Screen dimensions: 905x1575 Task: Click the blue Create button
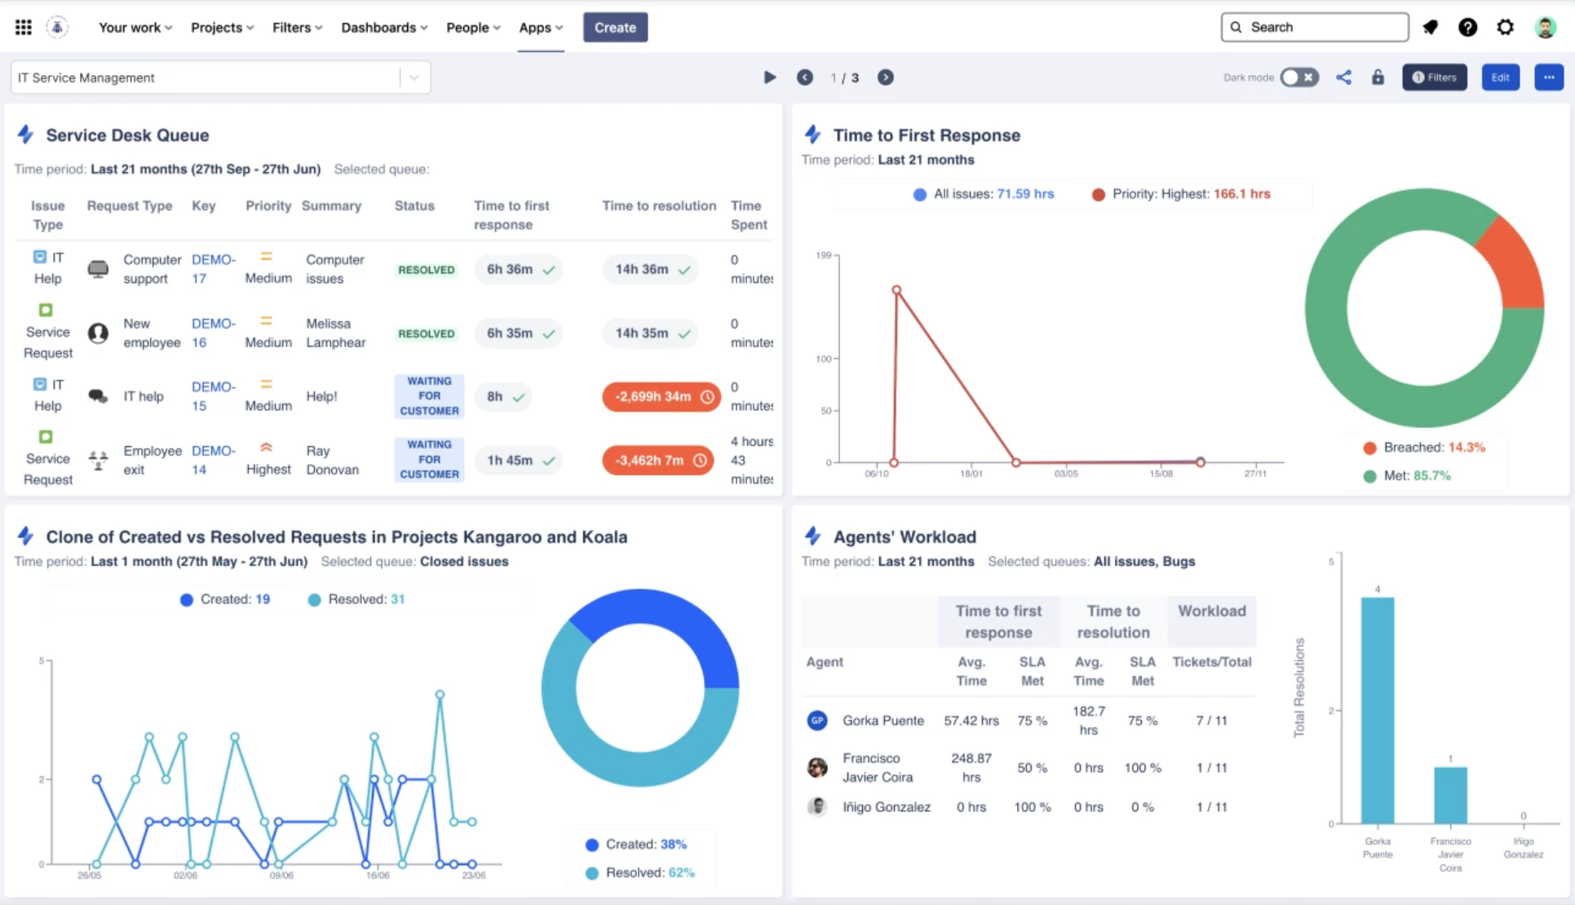click(x=614, y=28)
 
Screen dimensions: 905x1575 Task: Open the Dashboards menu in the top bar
click(x=383, y=28)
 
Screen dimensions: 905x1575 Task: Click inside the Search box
click(x=1321, y=27)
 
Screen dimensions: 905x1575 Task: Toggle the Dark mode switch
click(x=1298, y=77)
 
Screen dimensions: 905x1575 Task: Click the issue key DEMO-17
click(x=212, y=269)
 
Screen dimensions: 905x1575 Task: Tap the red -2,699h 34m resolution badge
click(x=661, y=397)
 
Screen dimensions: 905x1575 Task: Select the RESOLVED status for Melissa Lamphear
click(x=426, y=333)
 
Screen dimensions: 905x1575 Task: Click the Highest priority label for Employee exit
click(x=268, y=469)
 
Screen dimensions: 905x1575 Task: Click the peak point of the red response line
click(x=896, y=290)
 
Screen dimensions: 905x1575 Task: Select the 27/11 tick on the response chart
click(x=1255, y=474)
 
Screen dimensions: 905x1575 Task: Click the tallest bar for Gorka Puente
click(x=1377, y=709)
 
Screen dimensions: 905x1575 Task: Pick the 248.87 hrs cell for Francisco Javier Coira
click(x=971, y=767)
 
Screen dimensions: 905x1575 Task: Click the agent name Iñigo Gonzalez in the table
click(x=886, y=807)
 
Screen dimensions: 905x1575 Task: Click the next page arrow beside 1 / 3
click(x=885, y=77)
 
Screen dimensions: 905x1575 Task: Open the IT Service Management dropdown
click(x=414, y=77)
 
